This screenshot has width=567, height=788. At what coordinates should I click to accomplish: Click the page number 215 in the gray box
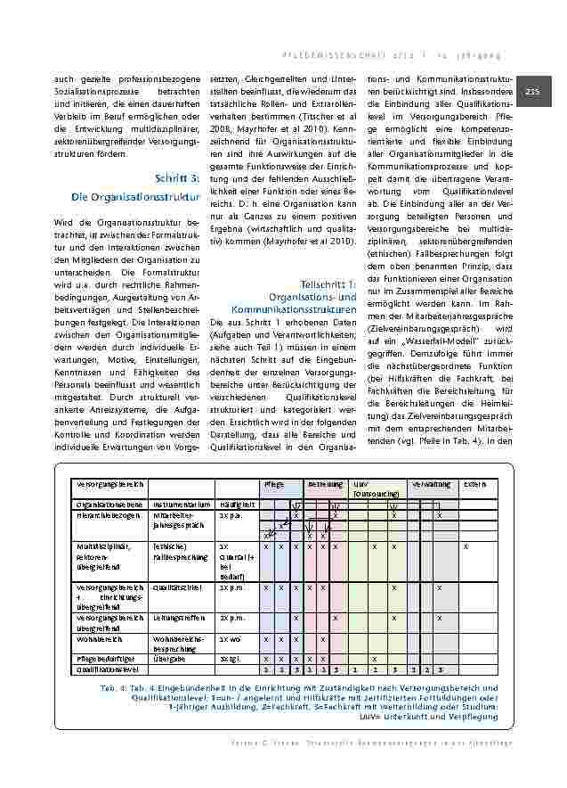coord(533,92)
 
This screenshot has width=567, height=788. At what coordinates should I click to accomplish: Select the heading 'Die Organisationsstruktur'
coord(132,196)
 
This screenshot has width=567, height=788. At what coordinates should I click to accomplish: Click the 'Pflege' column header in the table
coord(273,484)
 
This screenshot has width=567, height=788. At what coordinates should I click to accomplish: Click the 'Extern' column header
coord(474,484)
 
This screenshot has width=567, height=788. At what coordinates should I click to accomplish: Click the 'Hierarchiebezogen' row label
coord(107,515)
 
